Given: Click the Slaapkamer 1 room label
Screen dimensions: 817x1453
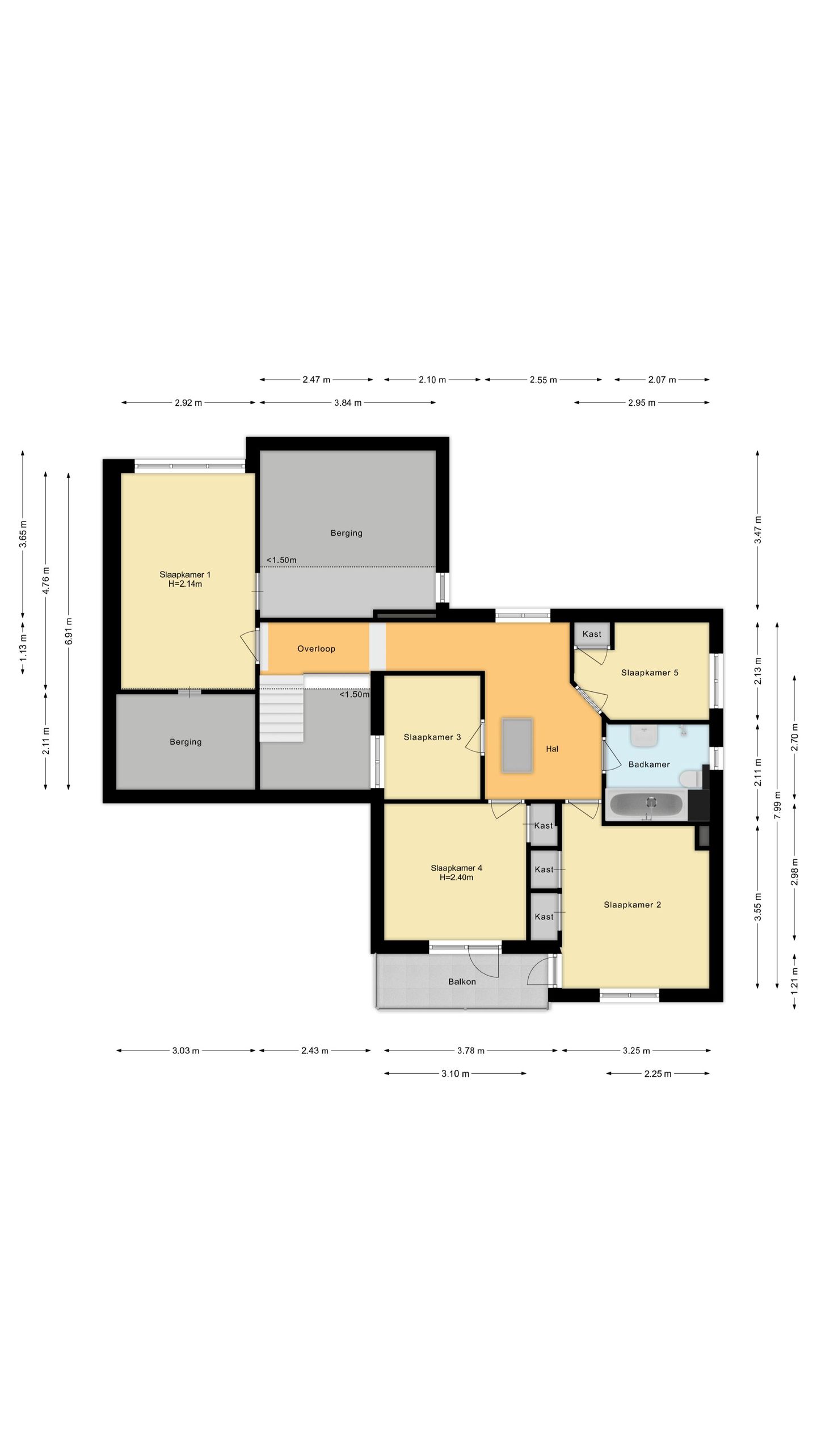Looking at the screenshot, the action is (x=185, y=574).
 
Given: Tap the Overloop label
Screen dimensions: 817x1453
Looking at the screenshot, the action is (x=316, y=649).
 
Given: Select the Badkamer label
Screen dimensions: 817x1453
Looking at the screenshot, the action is (x=649, y=765).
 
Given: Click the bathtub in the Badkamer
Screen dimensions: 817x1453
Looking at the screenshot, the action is (x=646, y=805).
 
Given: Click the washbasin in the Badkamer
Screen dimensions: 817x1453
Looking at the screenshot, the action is (x=644, y=736).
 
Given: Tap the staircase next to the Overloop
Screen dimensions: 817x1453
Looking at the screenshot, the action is (x=281, y=708).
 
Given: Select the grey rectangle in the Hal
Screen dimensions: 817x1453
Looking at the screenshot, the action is (x=517, y=745).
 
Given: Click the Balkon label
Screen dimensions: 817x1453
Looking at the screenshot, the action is (x=462, y=981).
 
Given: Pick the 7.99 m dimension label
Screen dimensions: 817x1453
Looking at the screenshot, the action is (x=777, y=805).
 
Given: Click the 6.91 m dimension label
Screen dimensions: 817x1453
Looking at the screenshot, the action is (x=69, y=631).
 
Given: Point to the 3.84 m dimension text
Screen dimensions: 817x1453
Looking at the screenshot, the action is (x=348, y=403).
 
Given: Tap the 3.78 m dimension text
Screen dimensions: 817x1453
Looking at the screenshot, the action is (x=471, y=1051).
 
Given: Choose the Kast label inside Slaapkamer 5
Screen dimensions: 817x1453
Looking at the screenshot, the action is (x=592, y=634).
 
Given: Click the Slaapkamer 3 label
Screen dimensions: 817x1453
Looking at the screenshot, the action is (x=432, y=737).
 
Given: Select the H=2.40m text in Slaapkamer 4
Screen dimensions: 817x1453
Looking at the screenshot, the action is (x=456, y=877).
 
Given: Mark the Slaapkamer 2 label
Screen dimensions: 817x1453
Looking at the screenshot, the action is (x=632, y=905).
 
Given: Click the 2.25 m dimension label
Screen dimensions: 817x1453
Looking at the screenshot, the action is (x=658, y=1074).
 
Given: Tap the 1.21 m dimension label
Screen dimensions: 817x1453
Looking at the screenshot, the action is (x=794, y=979).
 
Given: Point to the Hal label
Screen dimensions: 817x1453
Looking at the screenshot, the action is (x=552, y=749).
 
